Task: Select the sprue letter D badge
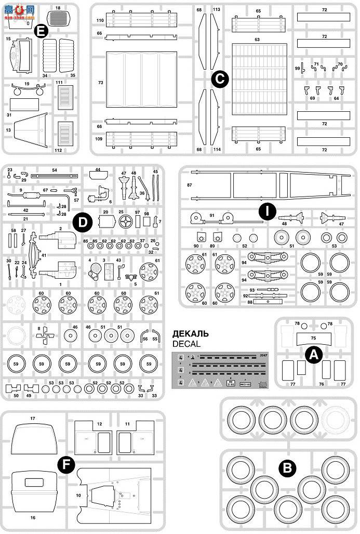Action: [82, 222]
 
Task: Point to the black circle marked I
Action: [267, 211]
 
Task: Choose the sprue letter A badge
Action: [313, 354]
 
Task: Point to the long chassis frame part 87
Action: [265, 186]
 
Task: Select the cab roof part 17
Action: [32, 439]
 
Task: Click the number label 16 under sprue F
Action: [33, 517]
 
